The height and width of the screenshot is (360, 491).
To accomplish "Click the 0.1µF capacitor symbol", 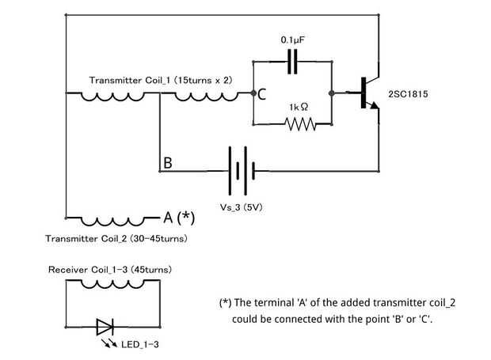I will [x=293, y=61].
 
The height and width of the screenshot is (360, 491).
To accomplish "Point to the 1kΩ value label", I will [x=299, y=106].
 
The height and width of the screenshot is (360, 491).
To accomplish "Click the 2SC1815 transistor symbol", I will [x=366, y=93].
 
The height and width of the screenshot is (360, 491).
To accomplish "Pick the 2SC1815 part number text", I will [x=408, y=94].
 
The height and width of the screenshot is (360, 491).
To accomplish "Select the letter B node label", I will [x=167, y=163].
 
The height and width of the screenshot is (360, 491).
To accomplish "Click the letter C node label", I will [x=261, y=94].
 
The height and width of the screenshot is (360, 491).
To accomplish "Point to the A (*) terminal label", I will [x=178, y=218].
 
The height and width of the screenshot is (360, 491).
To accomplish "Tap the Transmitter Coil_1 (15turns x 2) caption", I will [x=161, y=80].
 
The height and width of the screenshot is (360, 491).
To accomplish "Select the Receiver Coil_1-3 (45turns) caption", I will [x=109, y=270].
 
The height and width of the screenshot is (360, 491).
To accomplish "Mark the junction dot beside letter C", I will [x=251, y=93].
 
